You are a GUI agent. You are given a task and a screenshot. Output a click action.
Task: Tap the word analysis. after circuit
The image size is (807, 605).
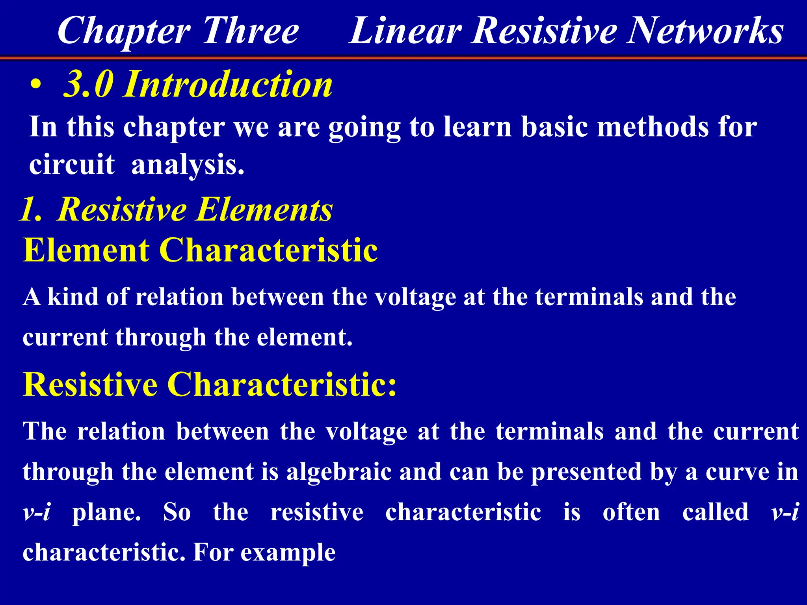coord(188,165)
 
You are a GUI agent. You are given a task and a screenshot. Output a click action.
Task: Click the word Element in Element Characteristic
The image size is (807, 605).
coord(86,250)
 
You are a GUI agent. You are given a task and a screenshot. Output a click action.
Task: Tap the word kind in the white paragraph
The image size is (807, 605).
coord(73,297)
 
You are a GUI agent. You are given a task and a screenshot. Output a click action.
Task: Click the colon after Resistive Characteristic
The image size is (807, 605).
coord(392,385)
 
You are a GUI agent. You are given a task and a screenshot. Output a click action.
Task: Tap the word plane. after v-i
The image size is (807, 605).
coord(106,512)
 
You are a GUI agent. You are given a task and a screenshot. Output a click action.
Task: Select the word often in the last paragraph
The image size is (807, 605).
coord(631,512)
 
